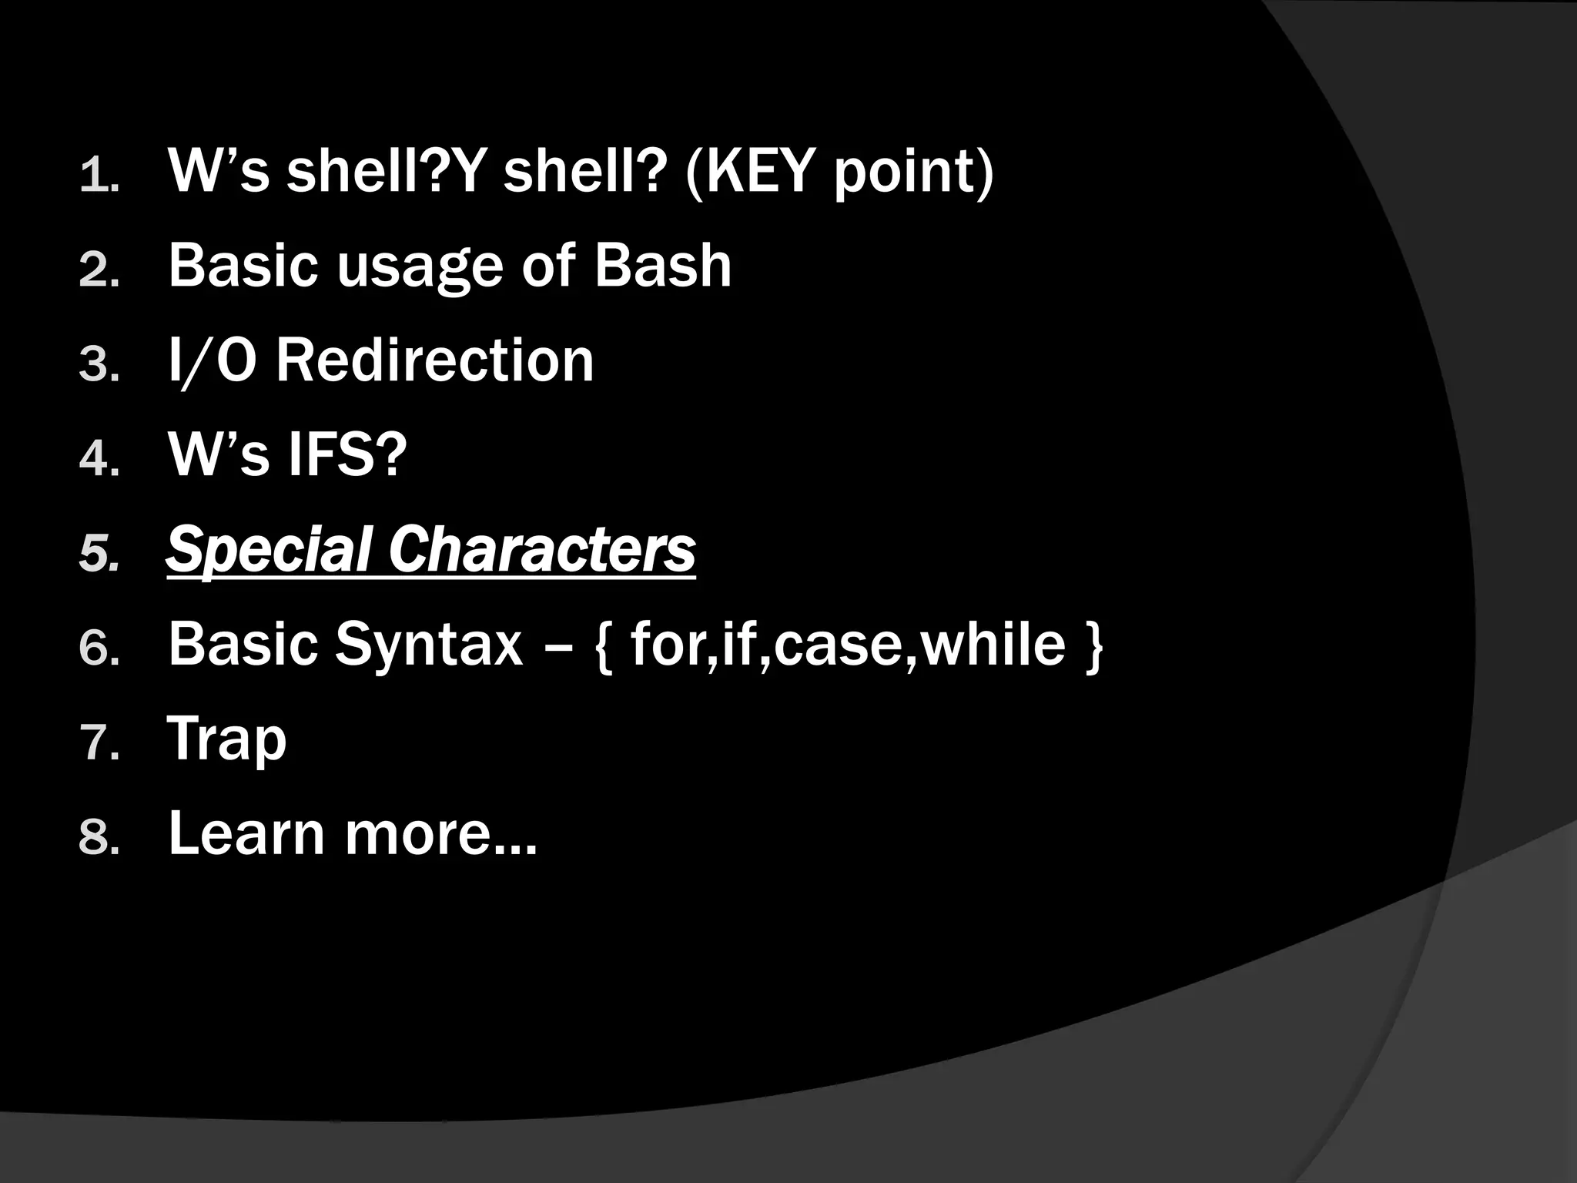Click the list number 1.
tap(98, 175)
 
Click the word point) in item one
tap(914, 174)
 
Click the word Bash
tap(662, 266)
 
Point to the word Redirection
tap(435, 360)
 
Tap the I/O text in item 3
tap(212, 360)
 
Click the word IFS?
tap(347, 455)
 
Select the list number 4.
tap(98, 459)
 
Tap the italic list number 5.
tap(99, 554)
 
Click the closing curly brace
tap(1093, 647)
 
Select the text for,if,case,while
tap(848, 645)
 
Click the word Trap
tap(227, 740)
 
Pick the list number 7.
tap(99, 743)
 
